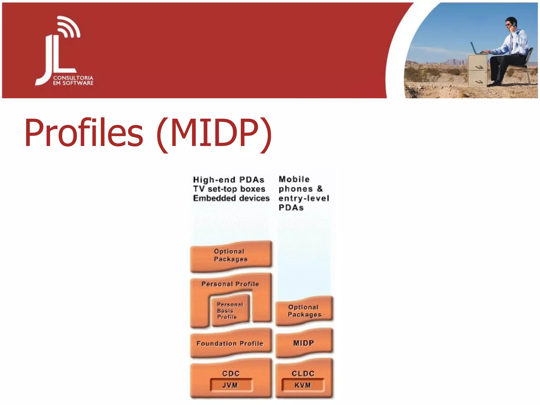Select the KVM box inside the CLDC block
[303, 385]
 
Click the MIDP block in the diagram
[304, 343]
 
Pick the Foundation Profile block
[230, 343]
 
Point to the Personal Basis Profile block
[229, 311]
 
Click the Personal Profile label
[230, 284]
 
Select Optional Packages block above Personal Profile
[231, 255]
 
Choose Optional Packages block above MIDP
[304, 311]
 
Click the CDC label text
[231, 373]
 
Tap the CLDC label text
[303, 373]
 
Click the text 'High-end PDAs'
[229, 180]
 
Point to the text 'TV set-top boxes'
[229, 189]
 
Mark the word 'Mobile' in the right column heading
[294, 179]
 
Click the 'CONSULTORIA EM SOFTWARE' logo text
[73, 80]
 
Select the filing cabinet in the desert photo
[478, 70]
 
